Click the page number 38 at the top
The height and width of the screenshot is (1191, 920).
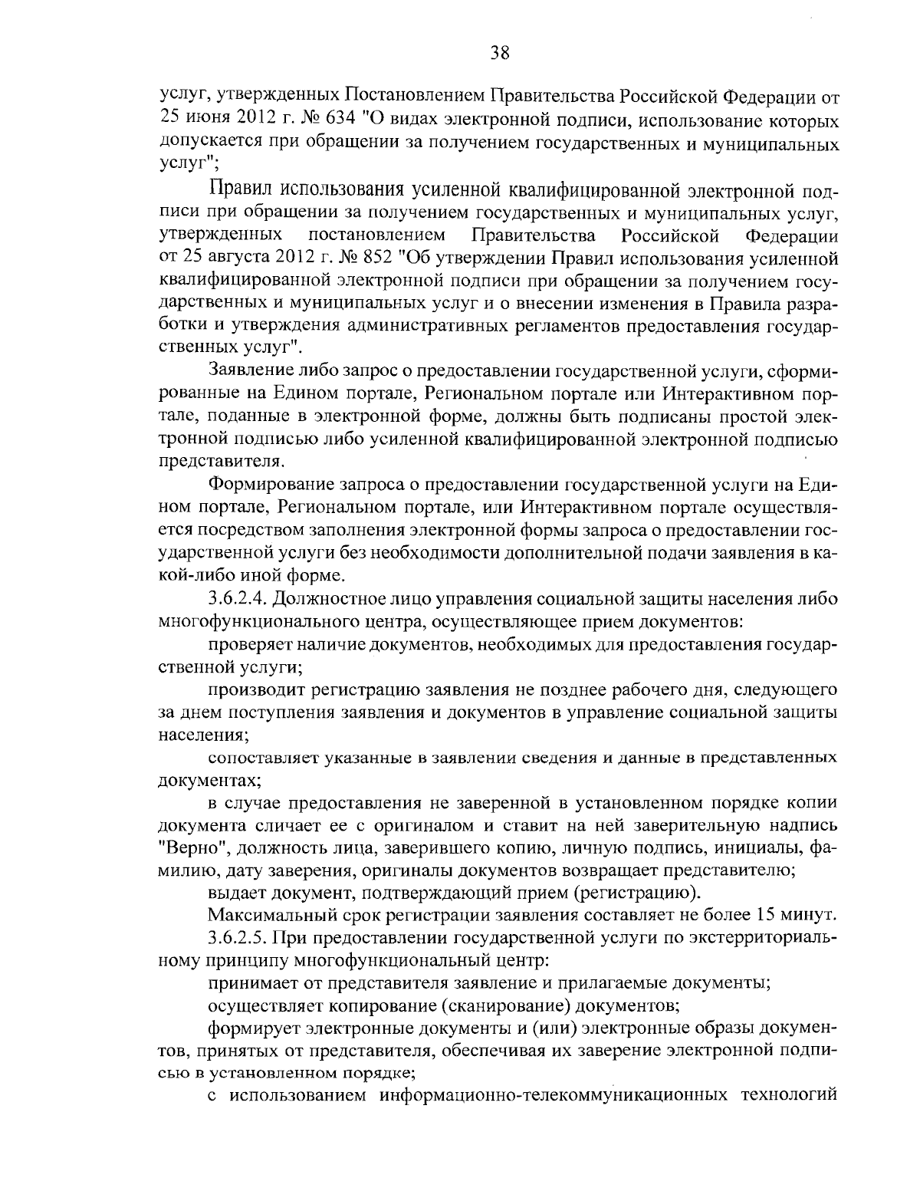[x=498, y=52]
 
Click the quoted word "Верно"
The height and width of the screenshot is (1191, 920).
[x=184, y=848]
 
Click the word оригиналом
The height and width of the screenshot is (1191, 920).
[x=420, y=826]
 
